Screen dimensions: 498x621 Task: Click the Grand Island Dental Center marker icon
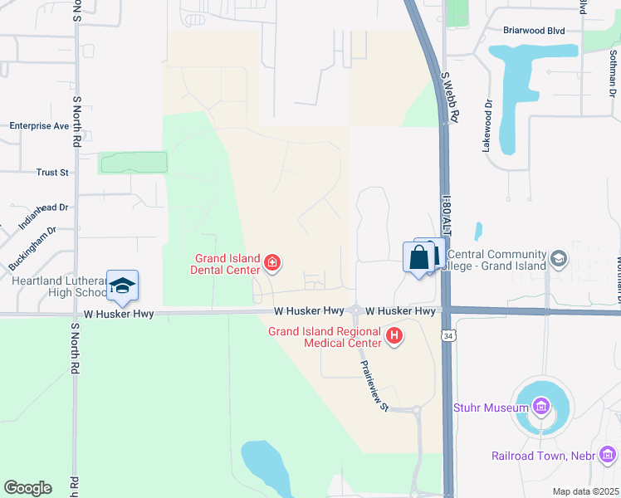pos(272,264)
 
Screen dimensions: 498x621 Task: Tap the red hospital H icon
pos(395,336)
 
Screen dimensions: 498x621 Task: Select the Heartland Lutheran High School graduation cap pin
pos(122,286)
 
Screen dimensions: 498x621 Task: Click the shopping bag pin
pos(419,256)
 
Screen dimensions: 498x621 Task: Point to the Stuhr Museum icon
pos(541,407)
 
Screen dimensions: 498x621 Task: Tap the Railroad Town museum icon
pos(608,455)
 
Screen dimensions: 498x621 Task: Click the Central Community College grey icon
pos(559,259)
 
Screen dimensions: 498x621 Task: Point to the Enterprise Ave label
pos(39,126)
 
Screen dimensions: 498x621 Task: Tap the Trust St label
pos(51,173)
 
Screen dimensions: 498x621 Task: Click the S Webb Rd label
pos(449,97)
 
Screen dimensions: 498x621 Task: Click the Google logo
pos(27,488)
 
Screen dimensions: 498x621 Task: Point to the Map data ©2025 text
pos(584,491)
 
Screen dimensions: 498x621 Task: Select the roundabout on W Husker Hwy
pos(355,311)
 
